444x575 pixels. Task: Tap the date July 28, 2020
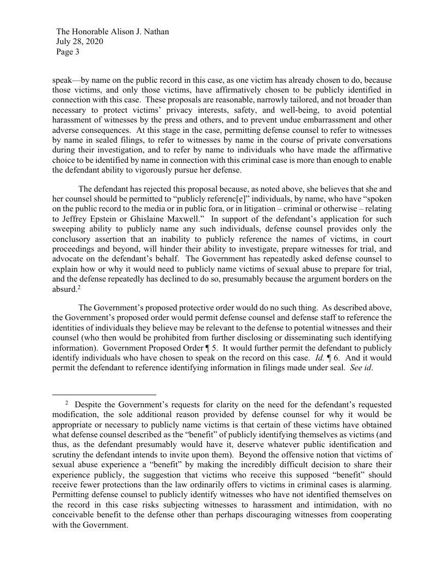point(80,42)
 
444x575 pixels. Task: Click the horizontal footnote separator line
point(104,394)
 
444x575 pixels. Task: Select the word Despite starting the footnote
point(88,405)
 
